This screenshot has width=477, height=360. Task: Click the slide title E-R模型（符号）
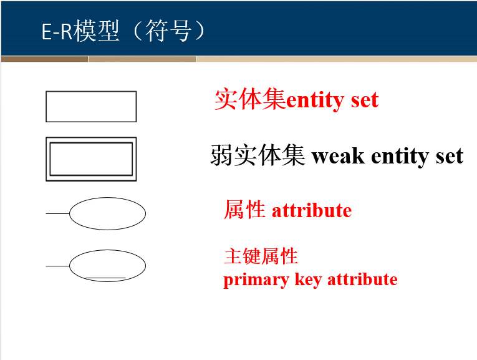pyautogui.click(x=123, y=31)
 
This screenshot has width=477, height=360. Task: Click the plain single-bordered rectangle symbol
pyautogui.click(x=91, y=107)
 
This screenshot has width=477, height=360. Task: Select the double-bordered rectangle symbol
pyautogui.click(x=91, y=159)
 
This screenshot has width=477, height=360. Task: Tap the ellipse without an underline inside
pyautogui.click(x=107, y=213)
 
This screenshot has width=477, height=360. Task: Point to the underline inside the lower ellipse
pyautogui.click(x=106, y=278)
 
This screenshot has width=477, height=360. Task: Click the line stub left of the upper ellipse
pyautogui.click(x=57, y=213)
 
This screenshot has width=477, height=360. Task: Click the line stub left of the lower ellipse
pyautogui.click(x=57, y=266)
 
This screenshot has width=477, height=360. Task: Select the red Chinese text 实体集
pyautogui.click(x=249, y=100)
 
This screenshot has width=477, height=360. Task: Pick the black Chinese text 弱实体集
pyautogui.click(x=258, y=155)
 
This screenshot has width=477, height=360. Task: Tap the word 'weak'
pyautogui.click(x=339, y=156)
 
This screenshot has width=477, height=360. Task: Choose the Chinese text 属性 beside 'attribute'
pyautogui.click(x=244, y=210)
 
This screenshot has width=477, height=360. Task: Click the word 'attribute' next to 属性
pyautogui.click(x=312, y=211)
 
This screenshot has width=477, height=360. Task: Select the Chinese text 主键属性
pyautogui.click(x=261, y=256)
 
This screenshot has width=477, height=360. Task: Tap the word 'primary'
pyautogui.click(x=251, y=280)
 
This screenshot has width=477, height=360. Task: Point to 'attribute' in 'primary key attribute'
pyautogui.click(x=362, y=279)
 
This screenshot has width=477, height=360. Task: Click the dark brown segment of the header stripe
pyautogui.click(x=44, y=59)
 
